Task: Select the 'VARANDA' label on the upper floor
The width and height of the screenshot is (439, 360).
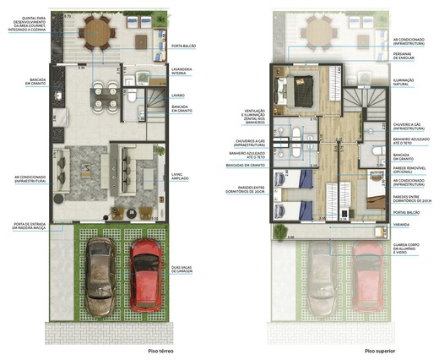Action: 402,225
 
